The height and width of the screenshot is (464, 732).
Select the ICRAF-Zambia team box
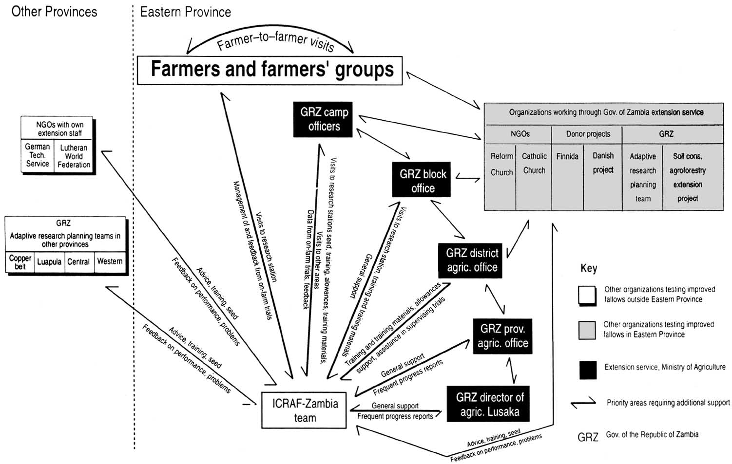[x=304, y=410]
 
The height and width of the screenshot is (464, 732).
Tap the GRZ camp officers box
[x=323, y=119]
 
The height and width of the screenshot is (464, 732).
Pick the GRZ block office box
[x=422, y=181]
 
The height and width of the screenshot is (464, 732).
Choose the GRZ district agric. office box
[x=471, y=260]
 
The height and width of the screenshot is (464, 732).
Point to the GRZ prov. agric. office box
[x=502, y=336]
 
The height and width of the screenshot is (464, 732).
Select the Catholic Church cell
[x=534, y=163]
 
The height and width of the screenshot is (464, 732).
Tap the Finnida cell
[x=567, y=156]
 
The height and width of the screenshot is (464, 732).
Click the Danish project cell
[x=603, y=163]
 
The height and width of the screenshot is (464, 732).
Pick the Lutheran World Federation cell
[x=74, y=156]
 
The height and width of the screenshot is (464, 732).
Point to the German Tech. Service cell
[x=38, y=155]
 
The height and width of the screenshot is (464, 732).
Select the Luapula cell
[x=49, y=262]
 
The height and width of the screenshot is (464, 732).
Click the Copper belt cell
[x=20, y=262]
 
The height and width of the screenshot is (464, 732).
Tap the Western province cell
[x=110, y=261]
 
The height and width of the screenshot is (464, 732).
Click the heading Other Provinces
[x=54, y=12]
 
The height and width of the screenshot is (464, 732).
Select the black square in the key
[x=588, y=370]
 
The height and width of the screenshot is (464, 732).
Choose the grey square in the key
[x=587, y=330]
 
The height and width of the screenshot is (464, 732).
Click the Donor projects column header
[x=588, y=134]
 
